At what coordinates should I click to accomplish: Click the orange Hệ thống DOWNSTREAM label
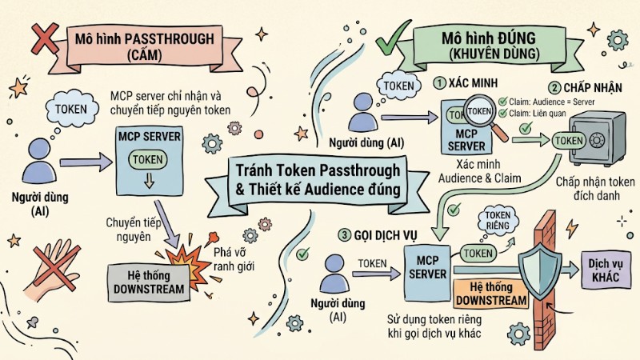[x=491, y=294]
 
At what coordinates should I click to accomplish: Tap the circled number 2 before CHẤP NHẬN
[x=554, y=88]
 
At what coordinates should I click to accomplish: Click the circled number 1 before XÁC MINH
[x=438, y=82]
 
